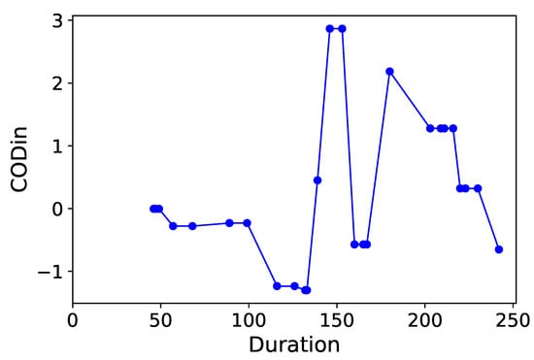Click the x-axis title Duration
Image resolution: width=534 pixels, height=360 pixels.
293,344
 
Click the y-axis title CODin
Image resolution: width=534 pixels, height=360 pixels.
20,160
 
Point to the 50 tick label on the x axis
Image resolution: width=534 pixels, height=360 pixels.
160,317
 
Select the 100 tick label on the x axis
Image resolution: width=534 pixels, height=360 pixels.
249,317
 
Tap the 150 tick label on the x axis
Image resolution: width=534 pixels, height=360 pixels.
337,317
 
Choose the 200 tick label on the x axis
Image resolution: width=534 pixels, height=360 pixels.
425,317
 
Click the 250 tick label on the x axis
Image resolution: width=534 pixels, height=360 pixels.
514,317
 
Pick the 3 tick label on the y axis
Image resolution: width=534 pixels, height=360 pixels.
56,21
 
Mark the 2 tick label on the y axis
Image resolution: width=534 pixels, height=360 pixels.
56,83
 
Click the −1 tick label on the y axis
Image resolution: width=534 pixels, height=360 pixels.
49,272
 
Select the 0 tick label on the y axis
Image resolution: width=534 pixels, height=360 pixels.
56,209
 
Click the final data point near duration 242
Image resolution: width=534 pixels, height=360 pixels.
499,249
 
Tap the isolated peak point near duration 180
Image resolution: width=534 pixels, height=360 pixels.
389,71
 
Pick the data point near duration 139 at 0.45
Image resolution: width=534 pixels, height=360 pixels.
317,180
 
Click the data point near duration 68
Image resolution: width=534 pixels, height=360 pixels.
192,226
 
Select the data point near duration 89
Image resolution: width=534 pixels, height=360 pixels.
229,223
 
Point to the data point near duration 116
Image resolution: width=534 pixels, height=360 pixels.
277,286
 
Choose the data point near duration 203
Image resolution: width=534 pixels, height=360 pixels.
430,128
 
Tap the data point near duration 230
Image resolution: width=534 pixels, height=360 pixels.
478,188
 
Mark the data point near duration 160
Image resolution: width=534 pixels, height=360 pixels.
354,245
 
